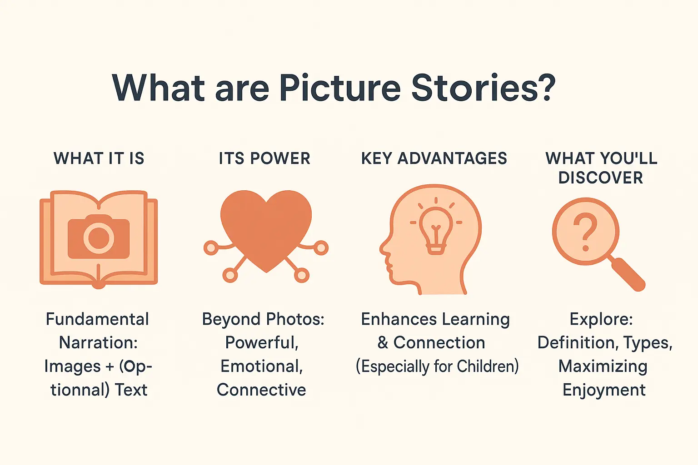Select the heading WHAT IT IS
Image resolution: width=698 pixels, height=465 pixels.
(x=99, y=158)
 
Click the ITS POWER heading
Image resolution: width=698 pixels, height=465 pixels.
(x=264, y=158)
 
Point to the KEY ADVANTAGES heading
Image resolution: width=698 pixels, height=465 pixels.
(x=434, y=158)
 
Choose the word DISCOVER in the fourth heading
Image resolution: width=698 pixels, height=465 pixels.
(x=601, y=178)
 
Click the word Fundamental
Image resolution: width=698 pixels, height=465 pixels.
(x=97, y=319)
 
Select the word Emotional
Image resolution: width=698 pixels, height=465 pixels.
(x=262, y=366)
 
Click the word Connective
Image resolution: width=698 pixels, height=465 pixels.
(x=261, y=390)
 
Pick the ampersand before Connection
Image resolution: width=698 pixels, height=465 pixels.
(x=383, y=343)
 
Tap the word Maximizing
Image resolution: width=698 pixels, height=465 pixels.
(x=603, y=366)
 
